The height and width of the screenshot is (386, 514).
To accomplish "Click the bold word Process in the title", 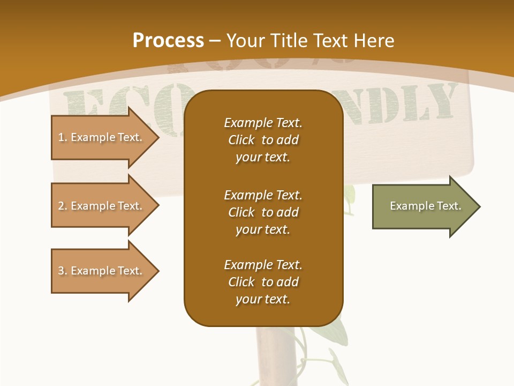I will coord(168,41).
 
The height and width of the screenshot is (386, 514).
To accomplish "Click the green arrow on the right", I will coord(423,206).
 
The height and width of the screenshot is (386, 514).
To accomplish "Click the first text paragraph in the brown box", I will coord(263,140).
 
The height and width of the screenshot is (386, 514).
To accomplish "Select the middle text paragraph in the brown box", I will coord(263,212).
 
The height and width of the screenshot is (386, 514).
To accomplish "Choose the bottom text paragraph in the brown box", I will coord(263,282).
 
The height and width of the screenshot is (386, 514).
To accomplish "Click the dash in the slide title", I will coord(215,41).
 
